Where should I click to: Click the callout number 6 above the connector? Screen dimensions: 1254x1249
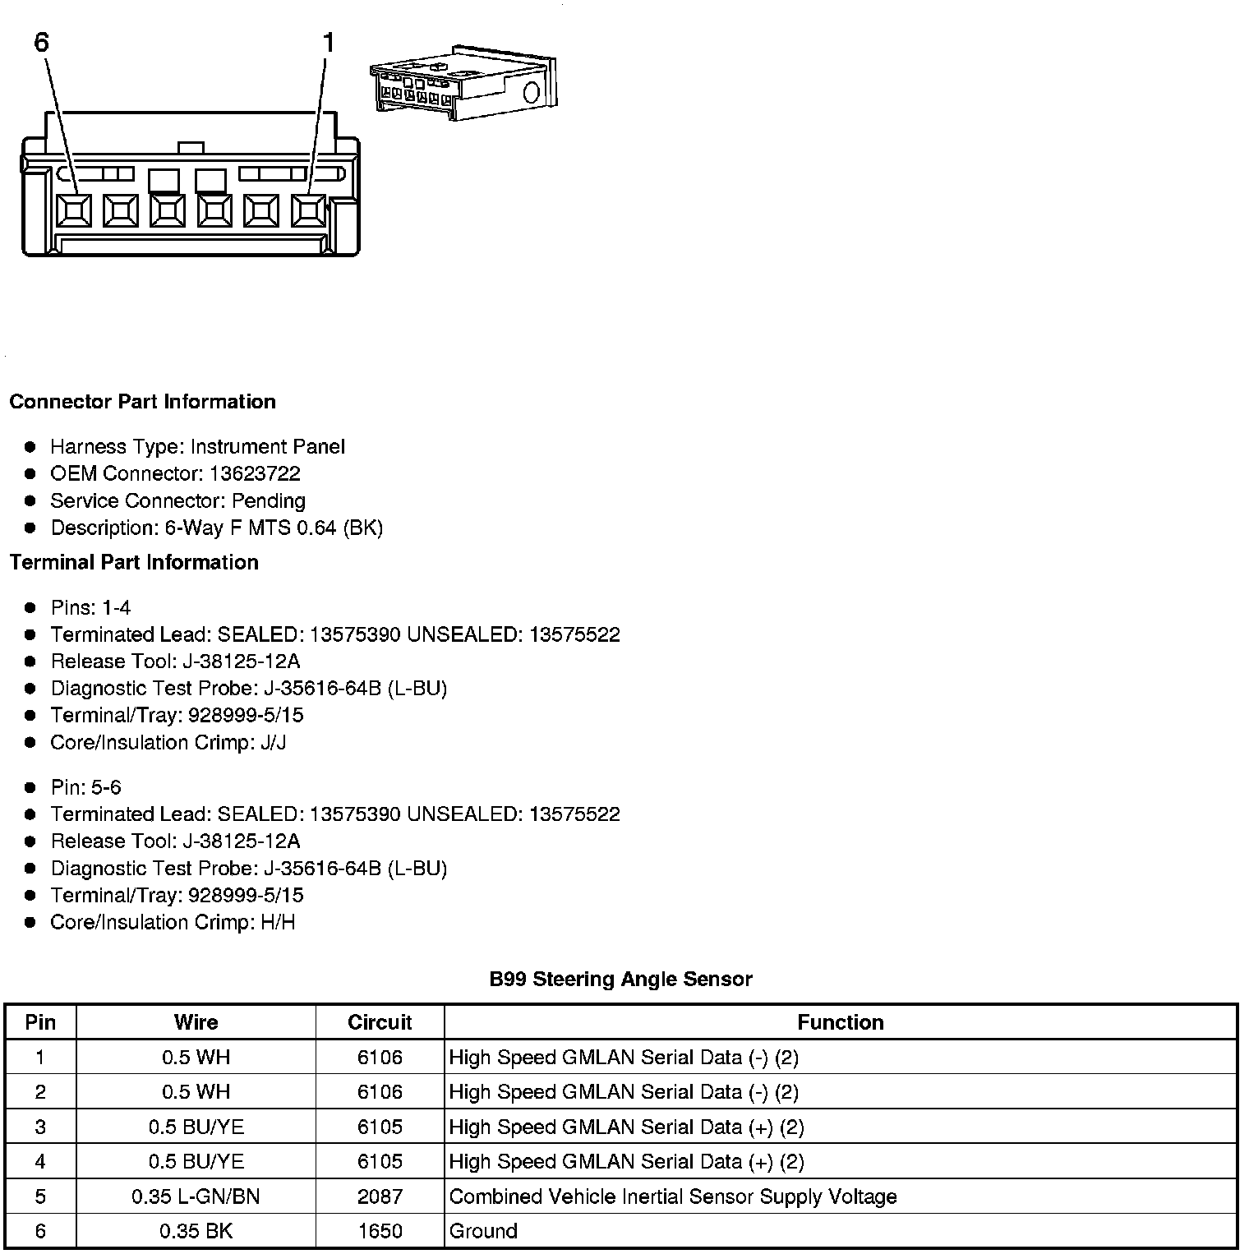(41, 42)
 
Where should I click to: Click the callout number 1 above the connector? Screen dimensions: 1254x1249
(328, 42)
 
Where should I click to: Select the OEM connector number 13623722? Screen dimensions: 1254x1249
(255, 473)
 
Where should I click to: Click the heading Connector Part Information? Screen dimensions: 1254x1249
(142, 402)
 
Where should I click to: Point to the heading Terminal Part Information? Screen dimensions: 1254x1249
(134, 562)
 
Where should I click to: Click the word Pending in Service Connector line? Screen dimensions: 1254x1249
(268, 500)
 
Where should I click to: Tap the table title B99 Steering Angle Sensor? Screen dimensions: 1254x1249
(620, 979)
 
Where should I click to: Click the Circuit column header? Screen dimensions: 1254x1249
(380, 1022)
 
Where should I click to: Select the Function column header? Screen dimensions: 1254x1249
(841, 1022)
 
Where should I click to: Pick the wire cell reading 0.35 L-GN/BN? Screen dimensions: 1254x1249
(196, 1196)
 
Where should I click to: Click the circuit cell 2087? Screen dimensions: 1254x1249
(380, 1196)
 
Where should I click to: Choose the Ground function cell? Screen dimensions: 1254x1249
(483, 1231)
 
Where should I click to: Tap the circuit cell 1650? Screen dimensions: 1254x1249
(380, 1231)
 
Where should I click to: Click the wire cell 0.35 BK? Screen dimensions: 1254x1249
(196, 1231)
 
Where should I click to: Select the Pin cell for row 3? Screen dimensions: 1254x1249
(40, 1127)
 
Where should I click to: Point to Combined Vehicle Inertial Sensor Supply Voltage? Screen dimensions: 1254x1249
(673, 1196)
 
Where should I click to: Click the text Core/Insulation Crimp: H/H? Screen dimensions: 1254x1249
(173, 922)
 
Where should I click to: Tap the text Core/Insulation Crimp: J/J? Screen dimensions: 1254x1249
(168, 742)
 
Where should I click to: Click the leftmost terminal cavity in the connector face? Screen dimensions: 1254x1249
(74, 211)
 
